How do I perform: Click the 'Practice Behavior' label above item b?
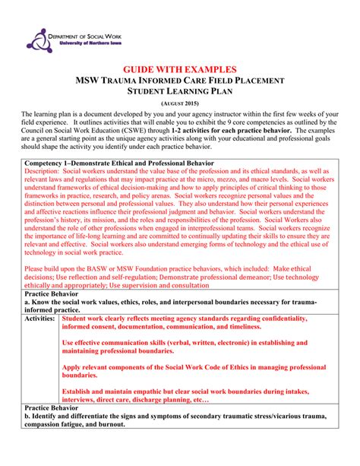click(55, 407)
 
